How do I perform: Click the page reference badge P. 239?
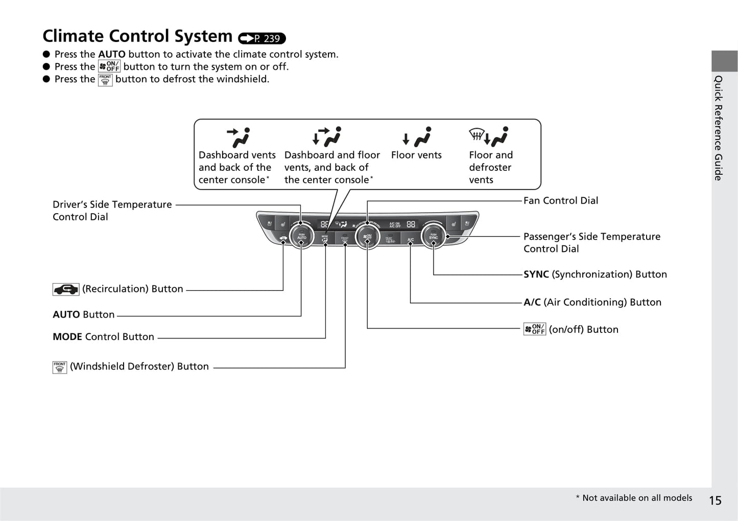tap(262, 38)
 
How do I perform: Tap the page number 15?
tap(715, 501)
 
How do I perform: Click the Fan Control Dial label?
tap(560, 200)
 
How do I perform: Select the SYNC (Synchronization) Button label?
tap(595, 274)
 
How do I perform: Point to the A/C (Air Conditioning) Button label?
tap(592, 302)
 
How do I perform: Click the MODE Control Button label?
tap(103, 336)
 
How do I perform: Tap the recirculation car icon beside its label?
tap(66, 289)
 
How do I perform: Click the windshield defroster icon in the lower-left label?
tap(60, 367)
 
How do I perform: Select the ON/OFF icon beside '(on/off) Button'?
tap(535, 329)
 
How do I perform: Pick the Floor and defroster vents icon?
tap(489, 137)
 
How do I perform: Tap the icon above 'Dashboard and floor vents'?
tap(327, 137)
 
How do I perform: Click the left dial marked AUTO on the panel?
tap(301, 237)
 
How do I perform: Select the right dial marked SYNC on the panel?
tap(433, 237)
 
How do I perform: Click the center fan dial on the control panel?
tap(367, 237)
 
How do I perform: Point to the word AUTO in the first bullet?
tap(111, 54)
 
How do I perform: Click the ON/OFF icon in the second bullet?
tap(109, 66)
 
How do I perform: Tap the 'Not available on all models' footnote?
tap(634, 498)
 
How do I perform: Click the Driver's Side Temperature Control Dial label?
tap(112, 210)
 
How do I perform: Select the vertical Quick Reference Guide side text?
tap(719, 128)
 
